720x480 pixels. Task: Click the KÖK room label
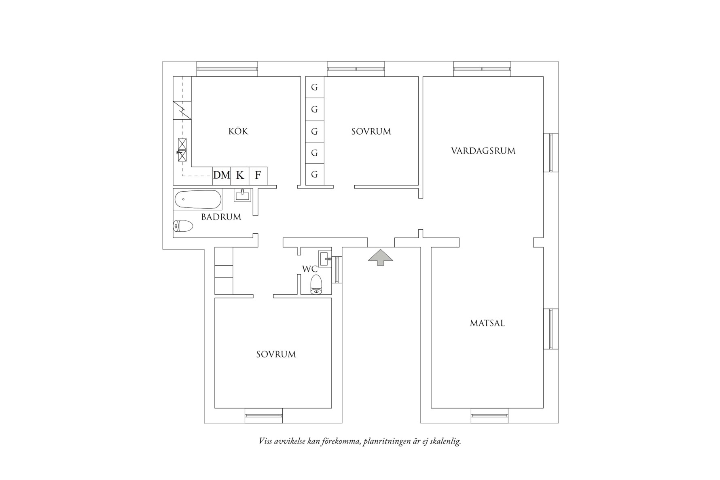(x=238, y=131)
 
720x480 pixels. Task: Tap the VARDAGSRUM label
(x=483, y=151)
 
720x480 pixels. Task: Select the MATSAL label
(x=487, y=323)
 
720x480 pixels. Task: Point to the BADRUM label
(x=221, y=217)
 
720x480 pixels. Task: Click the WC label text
(x=309, y=269)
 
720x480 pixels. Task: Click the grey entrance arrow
(x=380, y=257)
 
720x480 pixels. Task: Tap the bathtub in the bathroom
(x=198, y=199)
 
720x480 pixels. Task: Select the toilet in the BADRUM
(x=183, y=226)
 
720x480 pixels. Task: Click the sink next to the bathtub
(x=242, y=196)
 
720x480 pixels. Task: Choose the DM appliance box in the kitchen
(x=222, y=176)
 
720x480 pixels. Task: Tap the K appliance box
(x=240, y=176)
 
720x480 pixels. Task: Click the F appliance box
(x=258, y=176)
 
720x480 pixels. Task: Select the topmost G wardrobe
(x=314, y=87)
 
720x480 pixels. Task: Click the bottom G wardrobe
(x=314, y=175)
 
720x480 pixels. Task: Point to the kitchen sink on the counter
(x=182, y=150)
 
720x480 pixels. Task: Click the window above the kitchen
(x=227, y=69)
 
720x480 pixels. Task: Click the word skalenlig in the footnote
(x=447, y=441)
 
